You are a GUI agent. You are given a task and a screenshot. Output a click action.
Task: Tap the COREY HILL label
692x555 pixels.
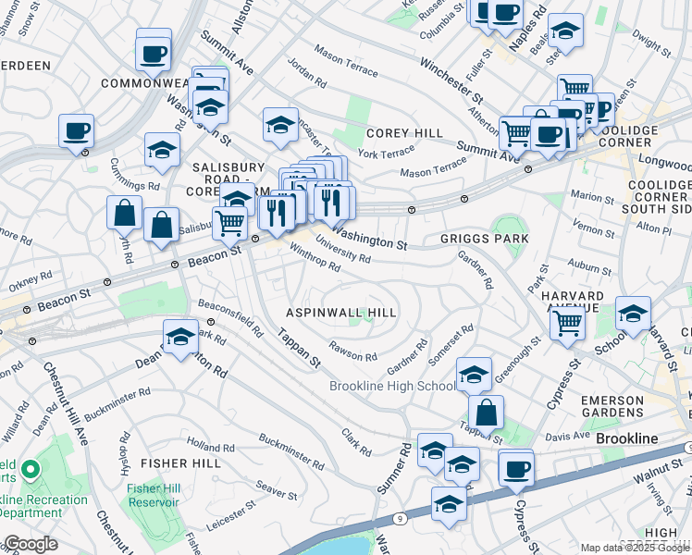404,133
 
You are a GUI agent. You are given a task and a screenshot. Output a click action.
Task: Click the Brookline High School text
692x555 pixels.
392,387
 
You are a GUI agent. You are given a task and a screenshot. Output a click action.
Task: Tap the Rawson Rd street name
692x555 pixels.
354,353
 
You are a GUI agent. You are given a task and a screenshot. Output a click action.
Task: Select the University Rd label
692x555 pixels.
342,248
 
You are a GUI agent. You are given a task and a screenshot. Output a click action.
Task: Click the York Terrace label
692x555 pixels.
386,153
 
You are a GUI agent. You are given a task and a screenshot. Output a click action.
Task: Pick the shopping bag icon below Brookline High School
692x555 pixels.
486,413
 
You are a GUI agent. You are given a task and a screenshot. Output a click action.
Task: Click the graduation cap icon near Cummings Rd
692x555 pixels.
163,151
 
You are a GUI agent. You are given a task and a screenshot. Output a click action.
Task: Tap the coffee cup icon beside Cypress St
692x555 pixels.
516,468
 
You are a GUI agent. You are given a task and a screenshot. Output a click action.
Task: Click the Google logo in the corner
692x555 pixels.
30,544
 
